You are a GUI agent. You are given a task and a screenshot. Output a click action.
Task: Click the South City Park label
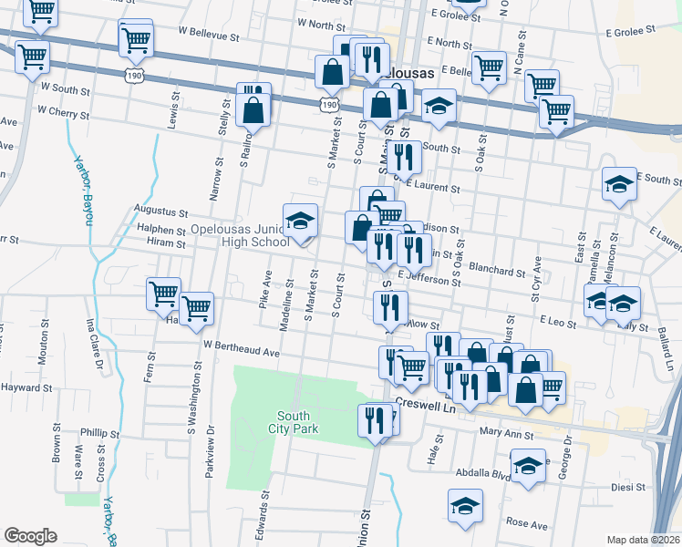point(294,422)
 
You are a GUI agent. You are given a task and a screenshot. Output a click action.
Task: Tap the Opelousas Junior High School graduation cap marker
point(300,222)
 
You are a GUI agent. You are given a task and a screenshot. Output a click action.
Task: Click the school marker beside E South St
point(618,186)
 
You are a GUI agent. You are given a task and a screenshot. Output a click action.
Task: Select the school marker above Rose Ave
point(465,507)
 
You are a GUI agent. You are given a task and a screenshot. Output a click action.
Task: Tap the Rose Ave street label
point(526,525)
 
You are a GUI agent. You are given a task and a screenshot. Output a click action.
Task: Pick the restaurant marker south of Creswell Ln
point(375,422)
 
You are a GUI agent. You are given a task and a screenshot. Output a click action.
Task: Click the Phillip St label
point(99,433)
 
